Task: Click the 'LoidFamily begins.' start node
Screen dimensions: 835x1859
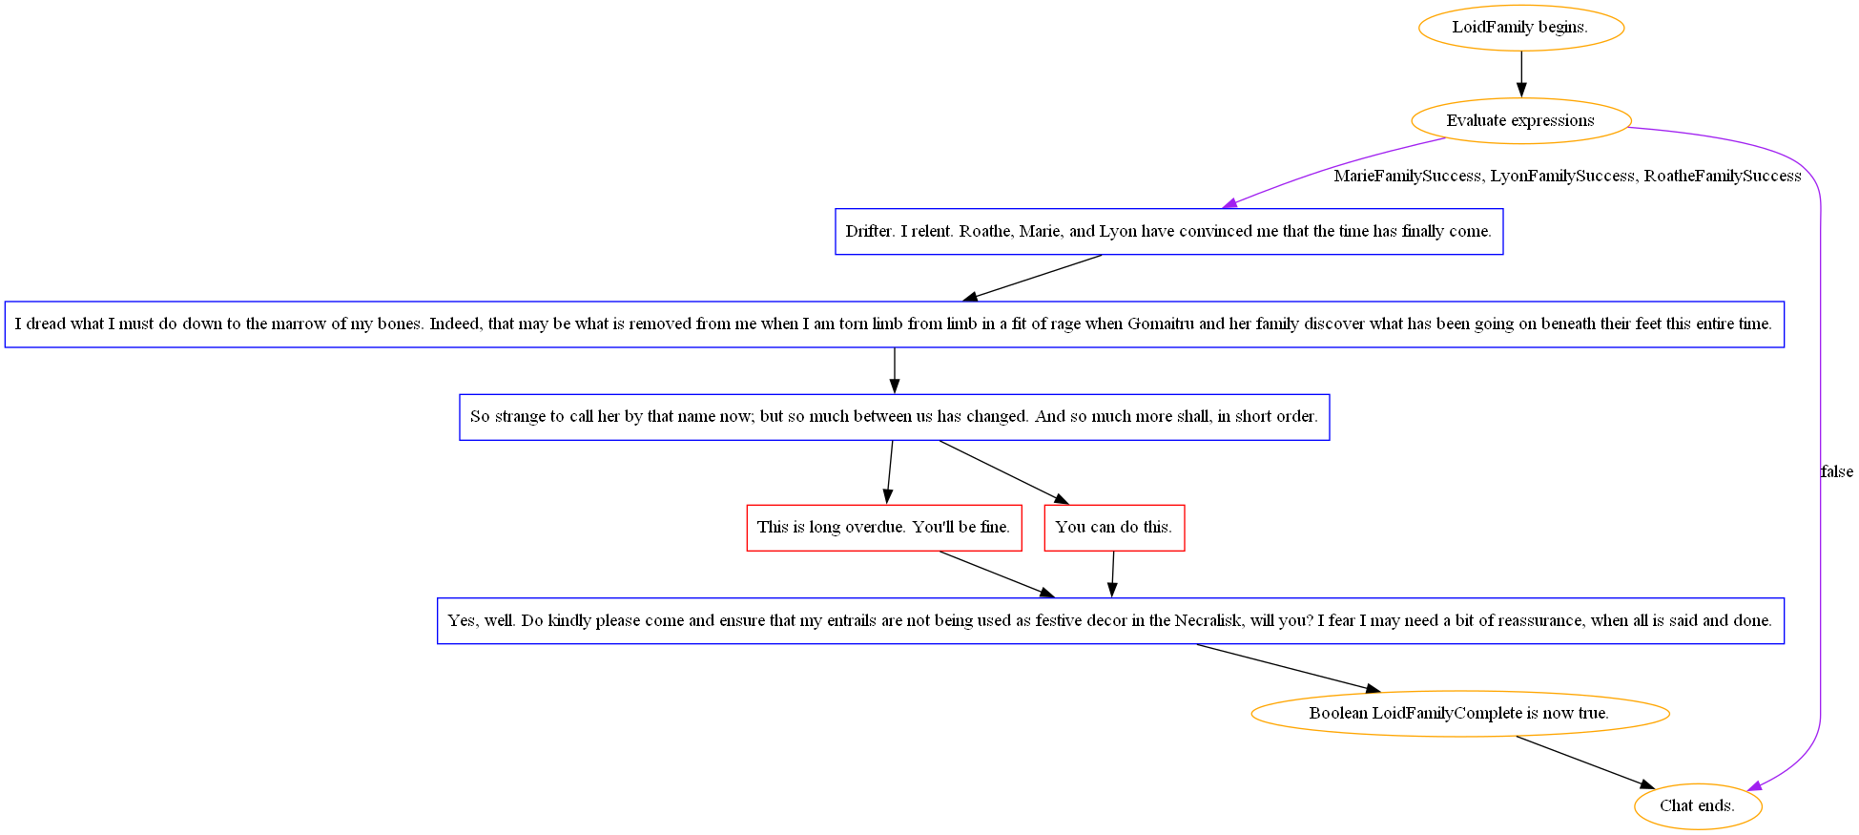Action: pyautogui.click(x=1520, y=28)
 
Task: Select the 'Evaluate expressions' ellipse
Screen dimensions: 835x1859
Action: pyautogui.click(x=1520, y=121)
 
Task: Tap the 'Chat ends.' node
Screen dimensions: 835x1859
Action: pyautogui.click(x=1697, y=806)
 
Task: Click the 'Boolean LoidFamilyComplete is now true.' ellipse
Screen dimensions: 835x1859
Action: pyautogui.click(x=1459, y=714)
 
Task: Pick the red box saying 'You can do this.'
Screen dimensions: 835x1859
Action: pyautogui.click(x=1114, y=528)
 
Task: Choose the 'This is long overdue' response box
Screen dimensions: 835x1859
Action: pyautogui.click(x=883, y=528)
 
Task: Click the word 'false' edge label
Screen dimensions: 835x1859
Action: pyautogui.click(x=1836, y=471)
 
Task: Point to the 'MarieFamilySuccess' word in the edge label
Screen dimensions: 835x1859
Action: pyautogui.click(x=1407, y=177)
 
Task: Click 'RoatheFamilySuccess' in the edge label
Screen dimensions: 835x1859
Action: pyautogui.click(x=1723, y=177)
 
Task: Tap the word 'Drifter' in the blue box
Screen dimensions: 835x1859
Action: pyautogui.click(x=868, y=232)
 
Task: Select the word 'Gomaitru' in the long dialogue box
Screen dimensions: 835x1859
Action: pyautogui.click(x=1161, y=324)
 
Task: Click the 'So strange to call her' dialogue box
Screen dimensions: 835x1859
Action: pyautogui.click(x=894, y=417)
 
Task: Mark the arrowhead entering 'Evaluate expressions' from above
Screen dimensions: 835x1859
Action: pyautogui.click(x=1521, y=91)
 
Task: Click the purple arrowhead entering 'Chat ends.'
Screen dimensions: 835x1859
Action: pyautogui.click(x=1754, y=786)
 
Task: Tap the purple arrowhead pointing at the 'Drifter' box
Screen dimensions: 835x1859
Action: pyautogui.click(x=1230, y=203)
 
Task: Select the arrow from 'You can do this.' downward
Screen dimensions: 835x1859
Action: pyautogui.click(x=1112, y=574)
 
